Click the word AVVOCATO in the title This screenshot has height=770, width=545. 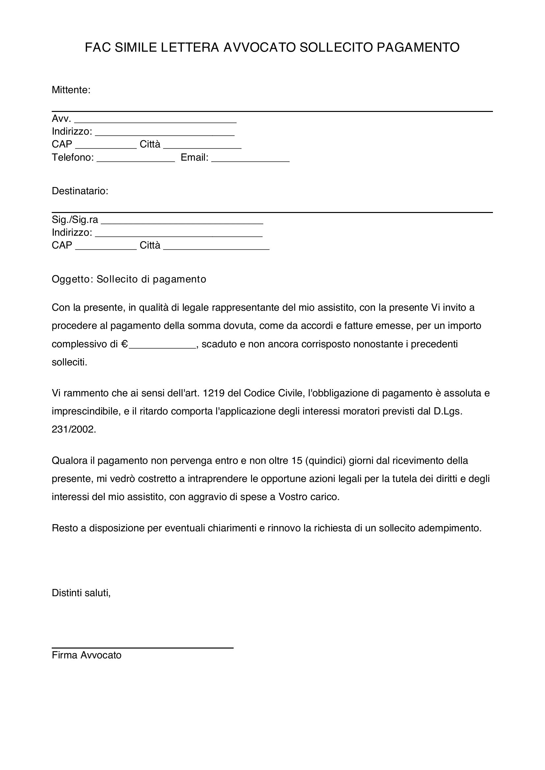pos(259,48)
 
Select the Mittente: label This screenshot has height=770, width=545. pos(71,90)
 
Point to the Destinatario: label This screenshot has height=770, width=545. pos(80,191)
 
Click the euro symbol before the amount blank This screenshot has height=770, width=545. pos(125,344)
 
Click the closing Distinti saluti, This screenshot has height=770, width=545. pos(81,602)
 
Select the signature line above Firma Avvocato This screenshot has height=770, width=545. pos(142,648)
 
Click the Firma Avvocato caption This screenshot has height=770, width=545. pos(87,655)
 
